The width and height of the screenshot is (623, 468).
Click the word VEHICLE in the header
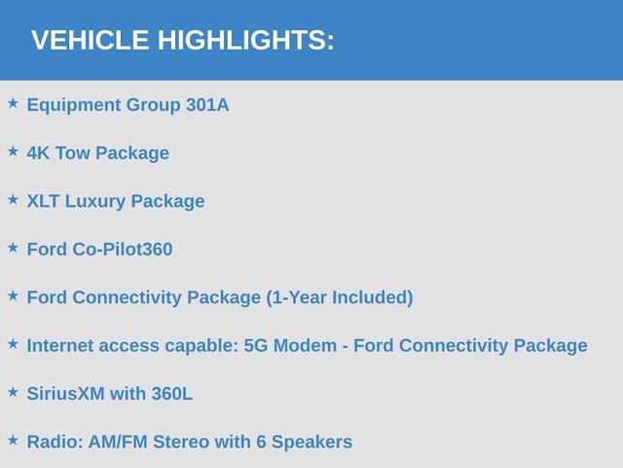tap(91, 40)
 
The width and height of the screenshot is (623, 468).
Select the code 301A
tap(207, 105)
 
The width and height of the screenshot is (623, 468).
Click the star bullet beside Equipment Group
tap(13, 103)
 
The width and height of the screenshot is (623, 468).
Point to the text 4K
tap(38, 153)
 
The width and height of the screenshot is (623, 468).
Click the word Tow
tap(72, 153)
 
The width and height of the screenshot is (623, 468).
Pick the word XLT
tap(43, 201)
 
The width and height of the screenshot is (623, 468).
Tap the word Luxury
tap(95, 202)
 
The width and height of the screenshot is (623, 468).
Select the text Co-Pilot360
tap(123, 250)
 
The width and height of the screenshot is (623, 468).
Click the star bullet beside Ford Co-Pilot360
tap(13, 248)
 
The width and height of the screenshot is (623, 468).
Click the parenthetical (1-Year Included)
tap(340, 297)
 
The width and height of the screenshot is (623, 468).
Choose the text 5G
tap(255, 345)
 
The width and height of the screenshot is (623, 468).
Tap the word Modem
tap(305, 345)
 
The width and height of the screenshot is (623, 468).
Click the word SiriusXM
tap(65, 394)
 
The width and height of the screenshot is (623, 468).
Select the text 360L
tap(172, 394)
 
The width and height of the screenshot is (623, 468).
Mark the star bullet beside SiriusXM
tap(13, 392)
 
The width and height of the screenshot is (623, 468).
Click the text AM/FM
tap(118, 442)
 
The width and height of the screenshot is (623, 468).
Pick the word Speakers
tap(311, 443)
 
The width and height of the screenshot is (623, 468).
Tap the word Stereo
tap(181, 442)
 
